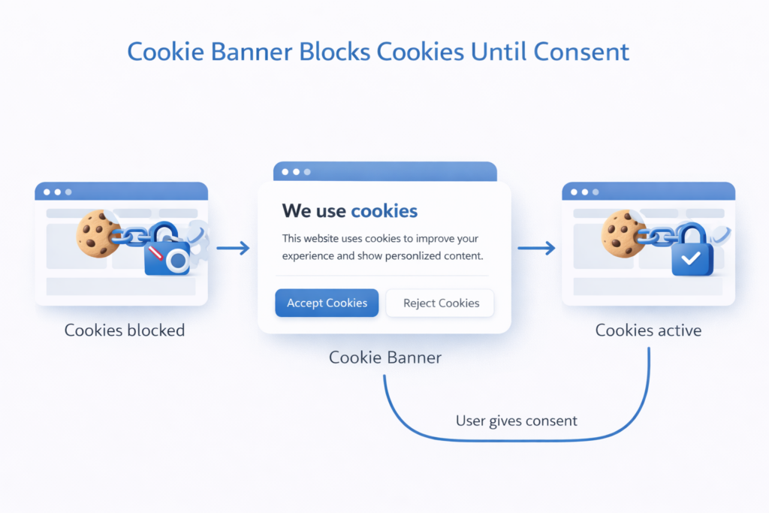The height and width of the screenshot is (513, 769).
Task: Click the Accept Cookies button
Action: (x=327, y=303)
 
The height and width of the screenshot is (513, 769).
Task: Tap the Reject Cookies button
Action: (x=441, y=303)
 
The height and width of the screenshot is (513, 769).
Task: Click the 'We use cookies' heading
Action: (x=349, y=210)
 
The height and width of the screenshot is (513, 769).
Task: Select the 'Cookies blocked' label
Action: (x=125, y=330)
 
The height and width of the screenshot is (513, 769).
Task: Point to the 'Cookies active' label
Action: (x=648, y=330)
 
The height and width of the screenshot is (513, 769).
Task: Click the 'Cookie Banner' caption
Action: (x=385, y=358)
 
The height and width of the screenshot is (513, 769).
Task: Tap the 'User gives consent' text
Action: (x=517, y=421)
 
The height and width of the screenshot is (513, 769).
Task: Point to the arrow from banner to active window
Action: (x=536, y=248)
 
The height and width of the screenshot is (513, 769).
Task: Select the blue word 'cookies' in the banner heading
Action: (x=384, y=210)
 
